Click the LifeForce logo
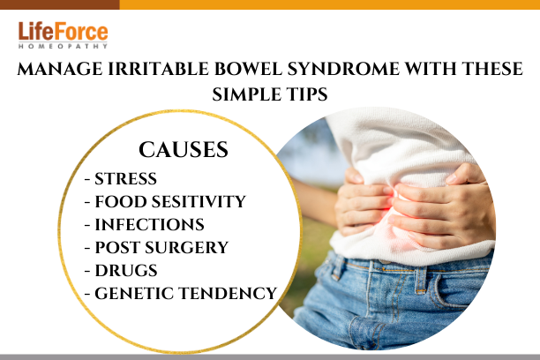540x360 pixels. (x=63, y=35)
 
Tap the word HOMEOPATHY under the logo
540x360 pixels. (x=63, y=46)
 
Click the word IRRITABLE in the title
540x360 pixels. (x=159, y=69)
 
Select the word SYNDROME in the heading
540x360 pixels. (x=343, y=69)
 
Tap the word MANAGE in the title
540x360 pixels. (x=60, y=69)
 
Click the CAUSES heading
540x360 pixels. (x=184, y=149)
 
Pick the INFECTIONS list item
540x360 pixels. (x=145, y=225)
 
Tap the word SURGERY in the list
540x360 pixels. (x=186, y=247)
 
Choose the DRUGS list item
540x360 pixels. (x=121, y=270)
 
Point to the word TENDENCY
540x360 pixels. (x=228, y=294)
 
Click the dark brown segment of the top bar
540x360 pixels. (x=60, y=4)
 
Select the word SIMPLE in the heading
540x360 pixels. (x=246, y=94)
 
